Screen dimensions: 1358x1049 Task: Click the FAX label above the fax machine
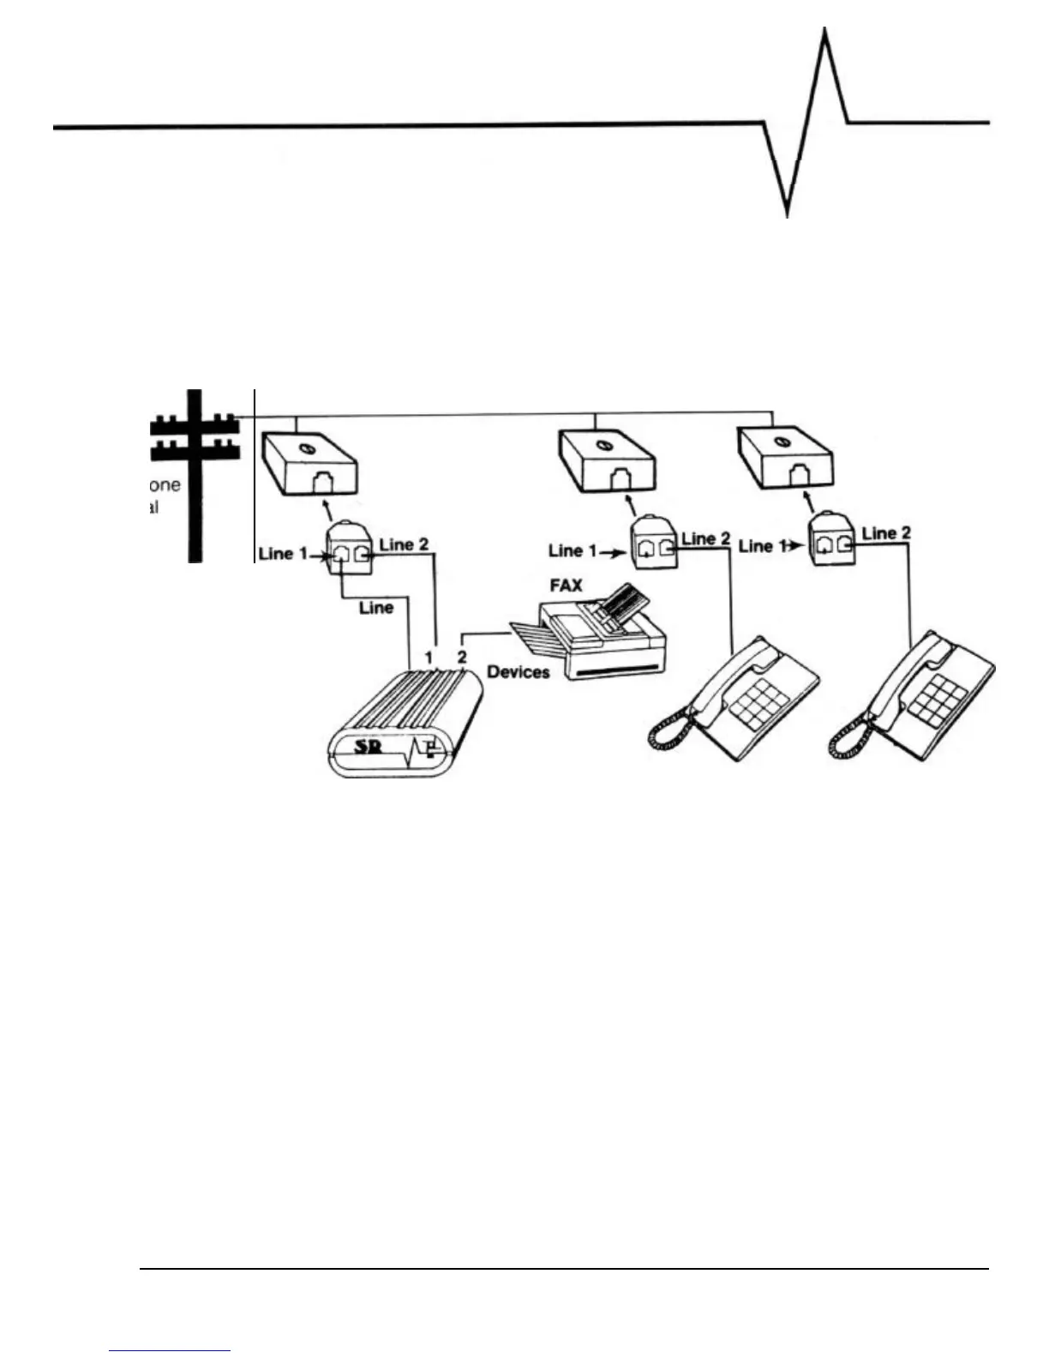point(566,587)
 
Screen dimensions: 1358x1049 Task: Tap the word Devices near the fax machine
point(519,672)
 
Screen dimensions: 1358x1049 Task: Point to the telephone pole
point(195,476)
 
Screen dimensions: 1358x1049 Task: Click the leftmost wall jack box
point(309,463)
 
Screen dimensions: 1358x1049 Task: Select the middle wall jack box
point(607,463)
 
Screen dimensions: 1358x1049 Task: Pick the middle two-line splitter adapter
point(654,544)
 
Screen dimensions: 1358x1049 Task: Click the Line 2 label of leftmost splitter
point(404,544)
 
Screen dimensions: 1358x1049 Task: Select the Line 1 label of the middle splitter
point(572,550)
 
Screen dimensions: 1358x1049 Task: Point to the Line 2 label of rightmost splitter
point(887,533)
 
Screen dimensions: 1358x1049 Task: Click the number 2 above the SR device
point(462,658)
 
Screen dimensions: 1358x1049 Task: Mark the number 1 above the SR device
point(428,658)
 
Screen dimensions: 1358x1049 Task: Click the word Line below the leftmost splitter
point(376,608)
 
